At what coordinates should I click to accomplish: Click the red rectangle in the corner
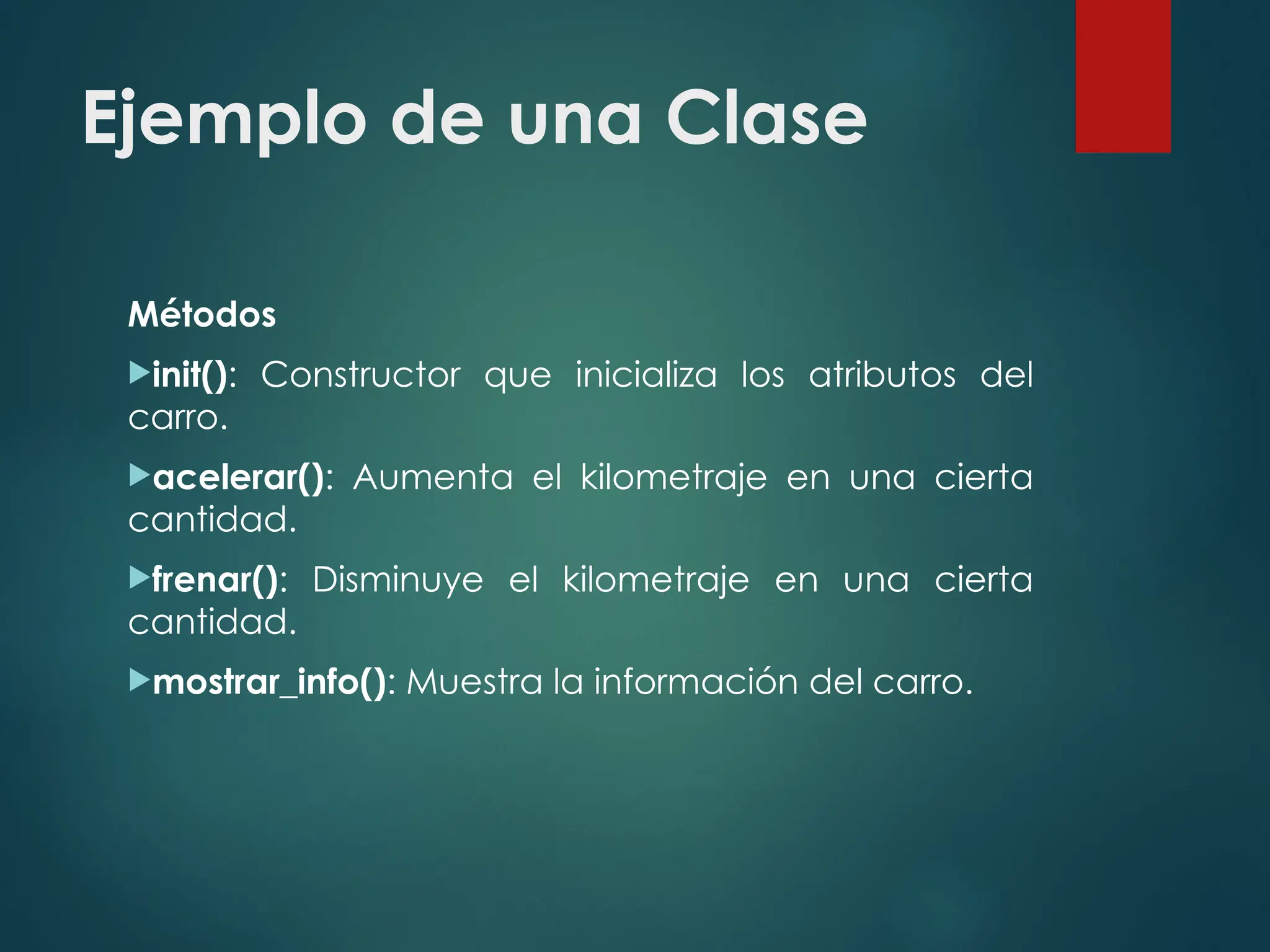[x=1122, y=76]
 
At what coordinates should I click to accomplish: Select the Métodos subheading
[x=202, y=314]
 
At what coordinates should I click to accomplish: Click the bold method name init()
[x=190, y=375]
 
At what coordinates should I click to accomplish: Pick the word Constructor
[x=360, y=375]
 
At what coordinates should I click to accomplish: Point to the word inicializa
[x=646, y=375]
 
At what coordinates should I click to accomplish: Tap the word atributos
[x=882, y=375]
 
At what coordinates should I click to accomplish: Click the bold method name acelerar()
[x=238, y=478]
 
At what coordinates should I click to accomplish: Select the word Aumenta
[x=433, y=478]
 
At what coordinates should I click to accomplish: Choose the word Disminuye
[x=397, y=580]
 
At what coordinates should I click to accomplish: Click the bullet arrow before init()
[x=139, y=372]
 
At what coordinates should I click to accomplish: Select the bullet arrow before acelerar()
[x=139, y=475]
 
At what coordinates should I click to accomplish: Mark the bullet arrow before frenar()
[x=139, y=578]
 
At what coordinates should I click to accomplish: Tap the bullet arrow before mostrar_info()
[x=139, y=680]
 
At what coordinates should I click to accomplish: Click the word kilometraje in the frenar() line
[x=655, y=580]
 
